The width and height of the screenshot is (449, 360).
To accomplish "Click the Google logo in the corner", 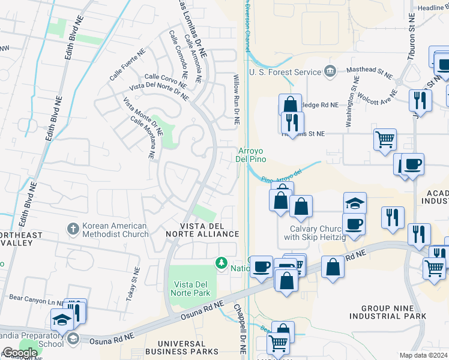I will click(19, 353).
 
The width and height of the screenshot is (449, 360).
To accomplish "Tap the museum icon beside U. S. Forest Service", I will click(330, 73).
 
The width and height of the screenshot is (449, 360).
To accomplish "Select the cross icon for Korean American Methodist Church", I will click(73, 229).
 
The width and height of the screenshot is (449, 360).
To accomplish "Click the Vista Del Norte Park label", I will click(192, 288).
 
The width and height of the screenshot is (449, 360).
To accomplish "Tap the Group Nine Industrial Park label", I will click(388, 311).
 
